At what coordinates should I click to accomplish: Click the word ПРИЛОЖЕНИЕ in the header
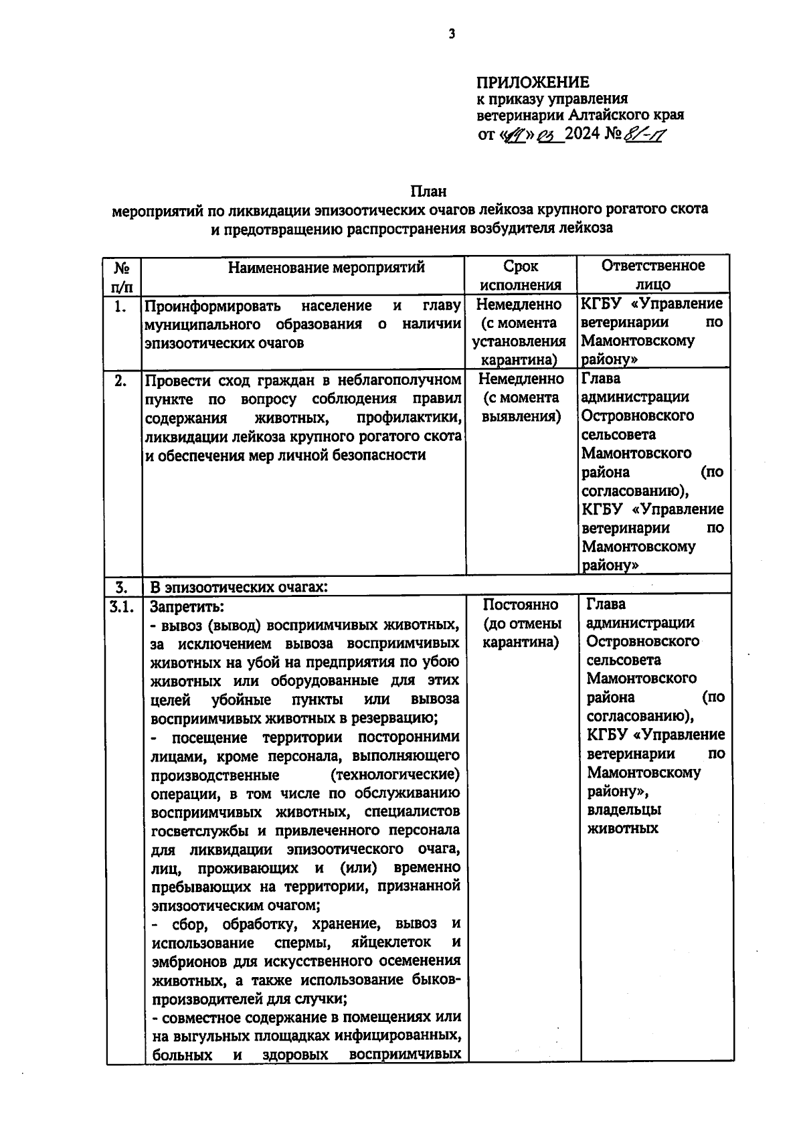pyautogui.click(x=533, y=82)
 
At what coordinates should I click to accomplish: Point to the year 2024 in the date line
pyautogui.click(x=583, y=135)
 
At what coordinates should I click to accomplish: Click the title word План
pyautogui.click(x=428, y=192)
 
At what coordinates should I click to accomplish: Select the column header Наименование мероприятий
pyautogui.click(x=327, y=268)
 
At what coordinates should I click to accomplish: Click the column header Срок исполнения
pyautogui.click(x=521, y=275)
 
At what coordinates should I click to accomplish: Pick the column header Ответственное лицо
pyautogui.click(x=652, y=274)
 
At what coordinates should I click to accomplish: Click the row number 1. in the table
pyautogui.click(x=120, y=307)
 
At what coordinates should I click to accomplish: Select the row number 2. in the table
pyautogui.click(x=120, y=381)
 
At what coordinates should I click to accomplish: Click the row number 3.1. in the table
pyautogui.click(x=122, y=606)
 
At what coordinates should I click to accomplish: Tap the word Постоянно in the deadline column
pyautogui.click(x=521, y=605)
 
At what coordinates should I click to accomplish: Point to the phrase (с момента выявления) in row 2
pyautogui.click(x=521, y=407)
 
